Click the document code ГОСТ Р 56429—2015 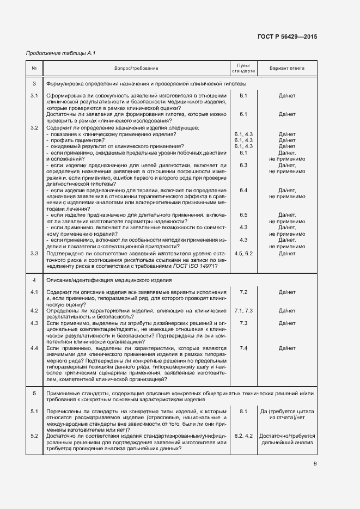click(x=287, y=36)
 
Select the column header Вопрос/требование click(x=136, y=68)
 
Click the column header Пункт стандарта click(x=243, y=68)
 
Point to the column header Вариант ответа click(x=287, y=68)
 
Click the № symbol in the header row click(x=34, y=68)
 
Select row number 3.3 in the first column click(x=34, y=253)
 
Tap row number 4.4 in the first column click(x=34, y=348)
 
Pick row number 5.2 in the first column click(x=34, y=436)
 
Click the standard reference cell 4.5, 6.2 click(x=243, y=253)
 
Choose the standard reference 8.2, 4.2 click(x=243, y=436)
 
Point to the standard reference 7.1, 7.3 click(x=243, y=310)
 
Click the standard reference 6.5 click(x=243, y=216)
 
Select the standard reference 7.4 click(x=243, y=348)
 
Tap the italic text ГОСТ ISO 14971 click(x=194, y=265)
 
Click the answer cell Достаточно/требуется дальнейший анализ click(x=287, y=439)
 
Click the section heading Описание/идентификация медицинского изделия click(x=109, y=280)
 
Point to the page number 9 click(x=315, y=464)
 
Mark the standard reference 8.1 click(x=243, y=412)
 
